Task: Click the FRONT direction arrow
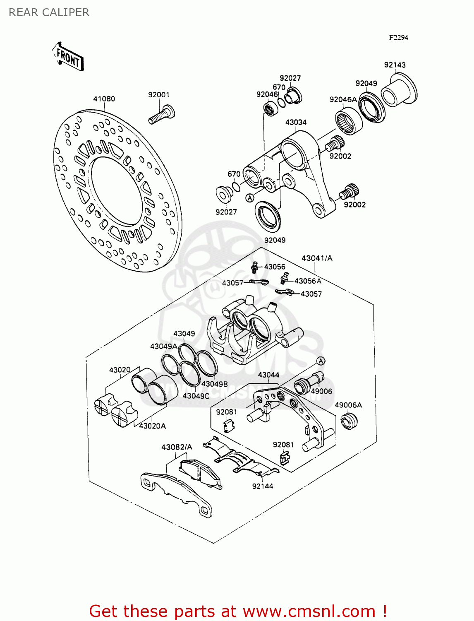click(x=68, y=57)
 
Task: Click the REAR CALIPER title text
click(x=49, y=12)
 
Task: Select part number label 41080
click(x=104, y=99)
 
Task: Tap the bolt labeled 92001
click(x=162, y=115)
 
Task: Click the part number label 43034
click(x=296, y=122)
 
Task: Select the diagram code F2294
click(x=398, y=38)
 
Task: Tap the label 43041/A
click(x=317, y=258)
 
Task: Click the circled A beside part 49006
click(x=321, y=361)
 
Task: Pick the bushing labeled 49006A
click(x=349, y=420)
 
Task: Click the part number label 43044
click(x=268, y=375)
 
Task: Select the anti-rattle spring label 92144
click(x=263, y=486)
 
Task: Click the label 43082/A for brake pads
click(x=177, y=447)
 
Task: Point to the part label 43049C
click(x=196, y=396)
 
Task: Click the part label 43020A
click(x=152, y=426)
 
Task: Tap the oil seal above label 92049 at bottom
click(x=268, y=216)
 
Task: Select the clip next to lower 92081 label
click(x=285, y=457)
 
